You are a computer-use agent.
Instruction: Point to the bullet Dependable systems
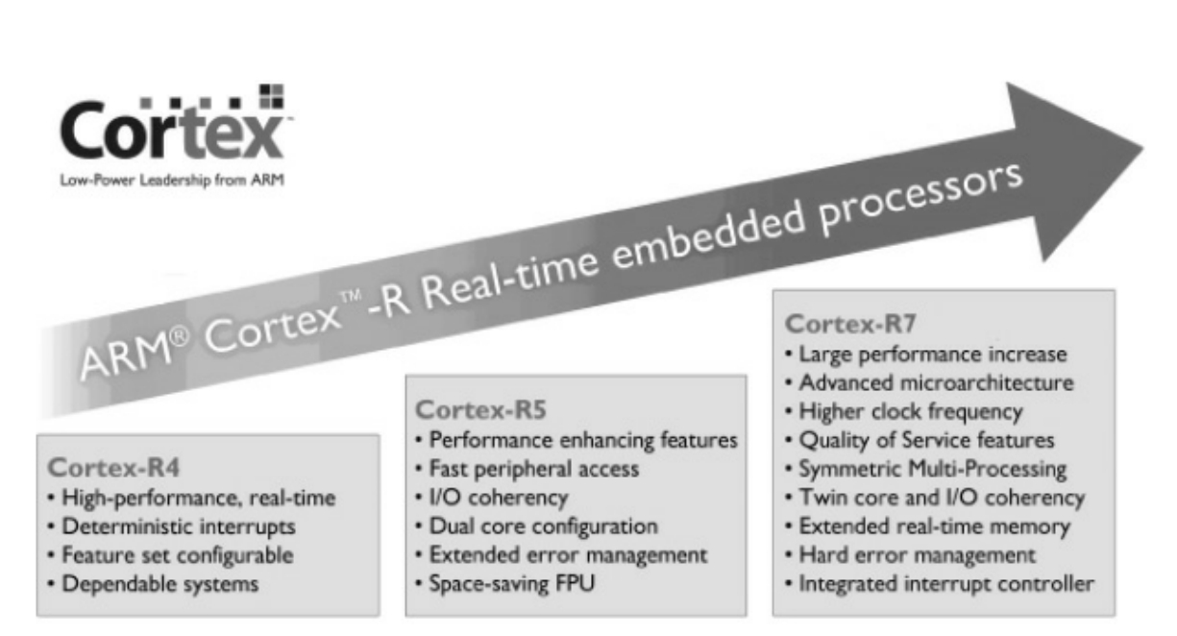(x=160, y=583)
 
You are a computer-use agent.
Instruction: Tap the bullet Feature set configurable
(x=181, y=555)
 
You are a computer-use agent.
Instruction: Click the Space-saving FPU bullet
(x=506, y=583)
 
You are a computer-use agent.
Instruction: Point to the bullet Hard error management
(x=916, y=555)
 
